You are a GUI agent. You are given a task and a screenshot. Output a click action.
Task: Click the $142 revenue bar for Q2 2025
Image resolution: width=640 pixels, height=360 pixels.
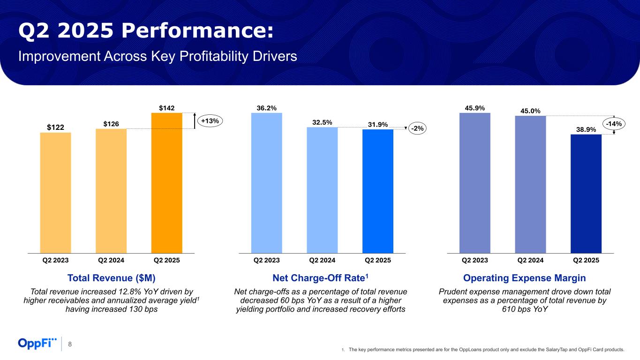click(x=166, y=183)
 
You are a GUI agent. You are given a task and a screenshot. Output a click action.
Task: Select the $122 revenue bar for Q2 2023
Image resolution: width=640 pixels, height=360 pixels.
click(x=55, y=193)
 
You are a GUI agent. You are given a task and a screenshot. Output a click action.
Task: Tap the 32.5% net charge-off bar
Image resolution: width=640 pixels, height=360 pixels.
click(x=322, y=190)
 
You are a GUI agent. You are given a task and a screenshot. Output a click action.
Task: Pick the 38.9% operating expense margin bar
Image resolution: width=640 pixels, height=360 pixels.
click(x=586, y=194)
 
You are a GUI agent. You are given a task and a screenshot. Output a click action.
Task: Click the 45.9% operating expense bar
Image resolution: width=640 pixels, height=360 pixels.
click(x=475, y=183)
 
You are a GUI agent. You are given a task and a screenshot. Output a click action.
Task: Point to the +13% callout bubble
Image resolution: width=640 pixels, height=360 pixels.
click(x=210, y=121)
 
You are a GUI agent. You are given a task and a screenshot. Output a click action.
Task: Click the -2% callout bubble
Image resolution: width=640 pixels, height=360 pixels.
click(x=417, y=128)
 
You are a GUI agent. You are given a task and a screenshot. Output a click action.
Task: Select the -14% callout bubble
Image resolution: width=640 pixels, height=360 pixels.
click(x=613, y=124)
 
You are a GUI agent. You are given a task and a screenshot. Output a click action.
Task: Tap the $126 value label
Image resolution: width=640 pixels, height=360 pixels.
click(x=111, y=124)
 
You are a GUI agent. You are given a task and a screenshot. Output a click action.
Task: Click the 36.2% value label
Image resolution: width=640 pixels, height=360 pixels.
click(x=266, y=108)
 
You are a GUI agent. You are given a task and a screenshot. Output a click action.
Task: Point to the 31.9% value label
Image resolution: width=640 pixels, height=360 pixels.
click(x=377, y=124)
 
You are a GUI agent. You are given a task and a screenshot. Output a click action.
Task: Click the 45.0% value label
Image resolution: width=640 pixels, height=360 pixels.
click(x=530, y=111)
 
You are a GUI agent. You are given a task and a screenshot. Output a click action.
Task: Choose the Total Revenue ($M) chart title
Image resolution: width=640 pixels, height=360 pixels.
click(x=111, y=278)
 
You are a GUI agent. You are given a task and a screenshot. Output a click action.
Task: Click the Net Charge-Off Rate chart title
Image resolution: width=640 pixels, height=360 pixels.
click(x=321, y=278)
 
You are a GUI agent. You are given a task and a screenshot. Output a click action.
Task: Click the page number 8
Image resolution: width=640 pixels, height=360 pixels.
click(x=70, y=345)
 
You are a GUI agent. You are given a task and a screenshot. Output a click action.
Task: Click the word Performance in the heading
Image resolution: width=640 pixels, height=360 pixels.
click(x=196, y=31)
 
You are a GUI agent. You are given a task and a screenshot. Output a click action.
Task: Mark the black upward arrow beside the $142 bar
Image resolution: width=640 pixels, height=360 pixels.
click(x=195, y=120)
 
